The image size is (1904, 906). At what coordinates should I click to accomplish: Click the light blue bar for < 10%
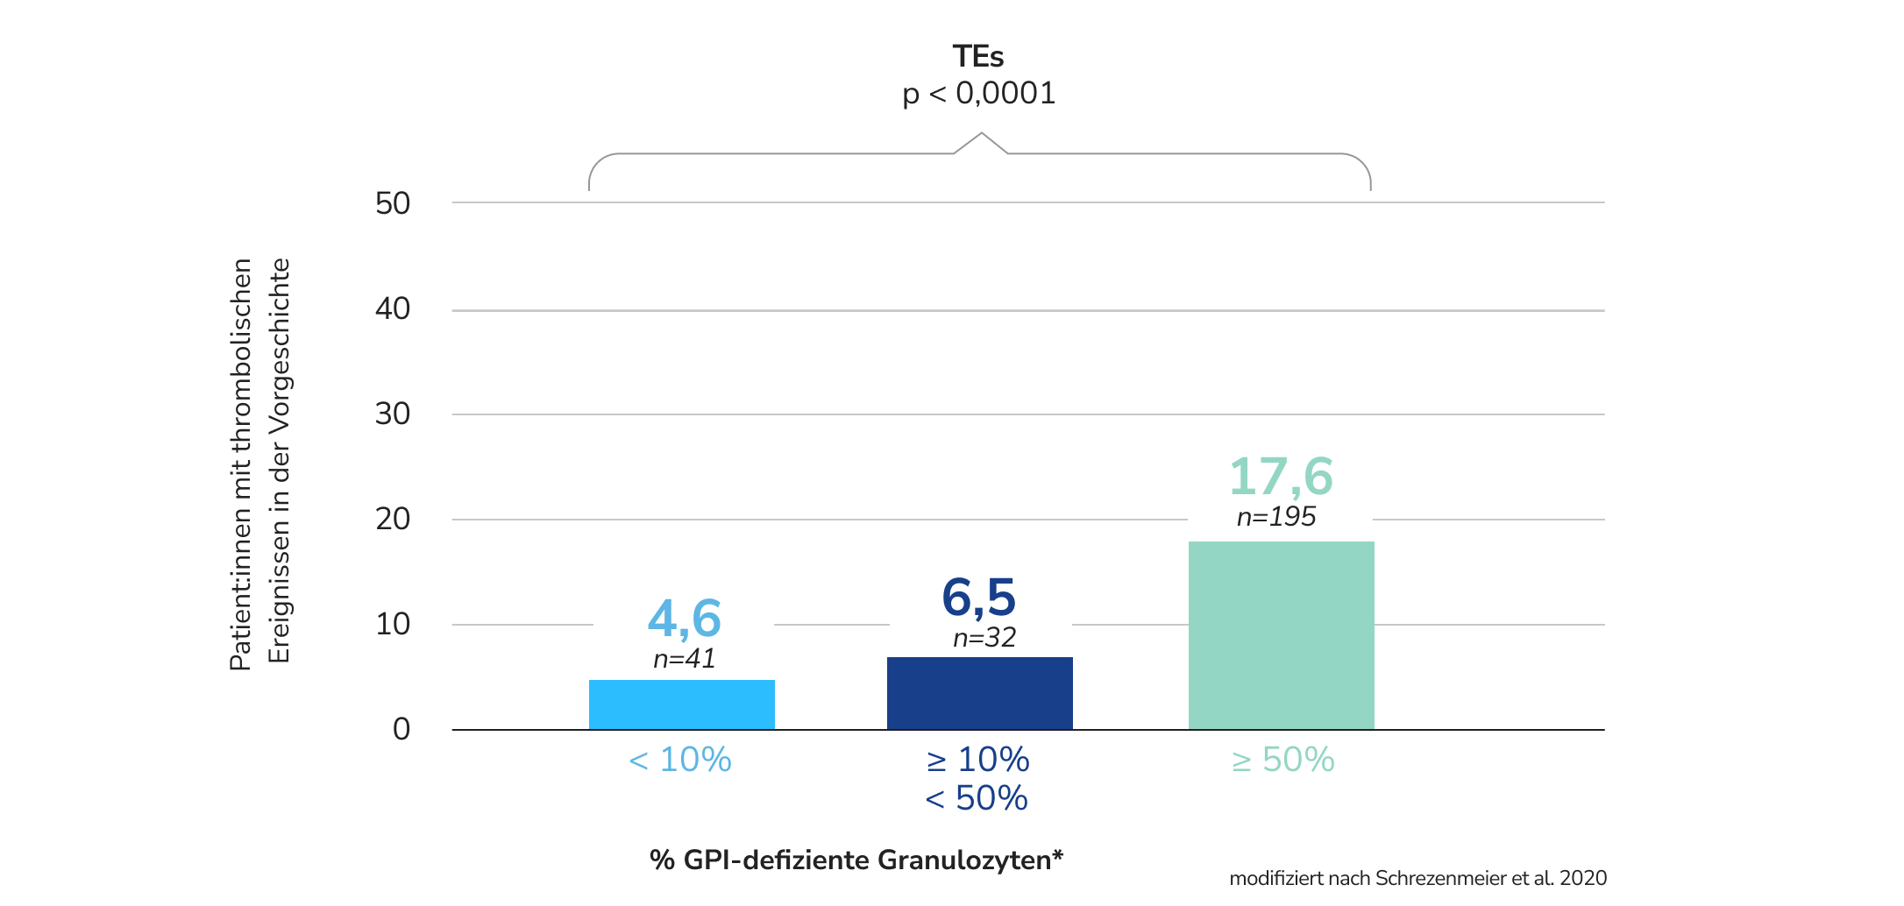681,704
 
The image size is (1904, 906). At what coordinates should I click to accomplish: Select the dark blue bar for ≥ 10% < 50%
979,693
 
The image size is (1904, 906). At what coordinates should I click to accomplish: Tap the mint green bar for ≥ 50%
1281,635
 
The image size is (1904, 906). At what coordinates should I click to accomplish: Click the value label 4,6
684,619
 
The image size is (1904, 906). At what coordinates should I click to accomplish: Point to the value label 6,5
978,598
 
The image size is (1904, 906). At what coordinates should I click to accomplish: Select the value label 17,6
1281,477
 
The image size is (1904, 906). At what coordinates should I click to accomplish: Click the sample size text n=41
684,658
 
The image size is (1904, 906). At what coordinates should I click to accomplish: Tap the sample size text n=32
984,637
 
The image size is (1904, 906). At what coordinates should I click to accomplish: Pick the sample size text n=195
1275,517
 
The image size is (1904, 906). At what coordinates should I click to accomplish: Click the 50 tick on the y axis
393,203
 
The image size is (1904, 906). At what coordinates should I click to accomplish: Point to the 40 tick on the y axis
393,308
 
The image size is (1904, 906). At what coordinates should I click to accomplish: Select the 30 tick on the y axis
393,414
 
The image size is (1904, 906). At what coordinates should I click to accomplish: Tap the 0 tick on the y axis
401,729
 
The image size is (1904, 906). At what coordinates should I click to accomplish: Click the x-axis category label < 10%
680,760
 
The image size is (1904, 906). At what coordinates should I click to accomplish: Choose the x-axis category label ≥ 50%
1282,760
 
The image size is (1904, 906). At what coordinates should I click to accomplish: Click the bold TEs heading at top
978,57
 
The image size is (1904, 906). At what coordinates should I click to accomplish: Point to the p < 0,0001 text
978,93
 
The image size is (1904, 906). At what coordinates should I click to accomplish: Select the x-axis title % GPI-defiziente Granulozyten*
856,860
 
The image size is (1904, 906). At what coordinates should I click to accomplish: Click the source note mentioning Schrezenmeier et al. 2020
1417,878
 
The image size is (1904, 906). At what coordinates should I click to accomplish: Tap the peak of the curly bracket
981,134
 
